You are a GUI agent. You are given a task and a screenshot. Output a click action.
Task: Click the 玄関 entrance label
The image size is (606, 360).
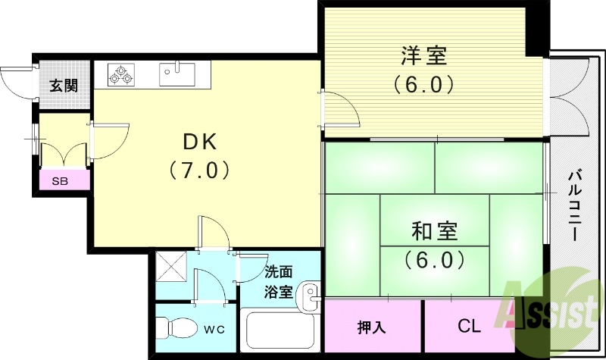point(64,85)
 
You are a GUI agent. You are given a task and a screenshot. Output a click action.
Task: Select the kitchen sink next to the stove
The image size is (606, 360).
point(177,74)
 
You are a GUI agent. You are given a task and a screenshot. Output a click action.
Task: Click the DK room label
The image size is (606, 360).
point(200,141)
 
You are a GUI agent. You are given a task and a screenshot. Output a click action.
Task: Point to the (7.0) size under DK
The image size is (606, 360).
point(200,169)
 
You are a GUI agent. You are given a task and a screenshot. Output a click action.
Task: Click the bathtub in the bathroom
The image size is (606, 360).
point(281,330)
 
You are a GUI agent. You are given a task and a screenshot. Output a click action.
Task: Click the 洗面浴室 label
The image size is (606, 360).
point(278,282)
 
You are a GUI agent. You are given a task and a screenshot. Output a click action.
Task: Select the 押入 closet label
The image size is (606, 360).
point(372,327)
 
